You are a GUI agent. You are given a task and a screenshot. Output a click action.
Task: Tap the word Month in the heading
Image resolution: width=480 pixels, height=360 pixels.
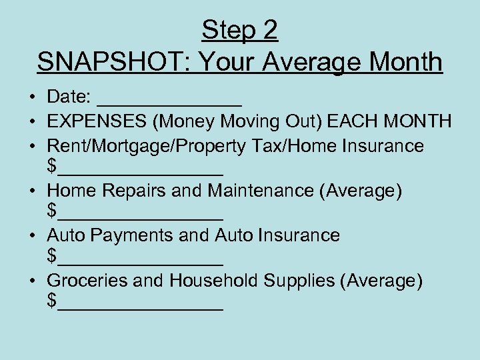[x=405, y=62]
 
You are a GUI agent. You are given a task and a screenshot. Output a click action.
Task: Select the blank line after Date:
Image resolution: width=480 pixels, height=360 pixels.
[x=169, y=103]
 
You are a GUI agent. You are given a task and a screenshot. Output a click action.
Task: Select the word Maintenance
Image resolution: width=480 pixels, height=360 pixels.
[x=261, y=191]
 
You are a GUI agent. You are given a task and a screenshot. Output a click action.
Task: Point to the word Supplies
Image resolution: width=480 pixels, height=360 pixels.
[x=299, y=281]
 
